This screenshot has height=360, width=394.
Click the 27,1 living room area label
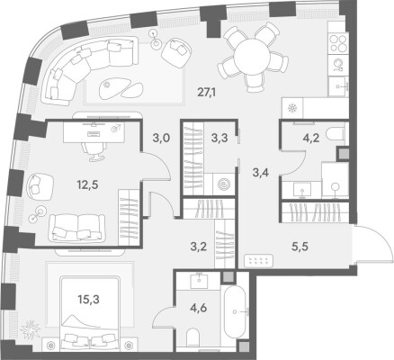click(207, 92)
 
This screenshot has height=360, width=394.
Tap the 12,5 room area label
click(87, 184)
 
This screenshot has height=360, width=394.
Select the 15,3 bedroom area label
click(88, 299)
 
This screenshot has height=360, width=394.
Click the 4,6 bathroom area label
click(200, 308)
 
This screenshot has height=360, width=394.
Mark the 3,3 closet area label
click(219, 138)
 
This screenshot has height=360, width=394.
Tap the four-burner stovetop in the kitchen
click(338, 43)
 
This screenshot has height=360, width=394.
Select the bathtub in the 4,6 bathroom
click(237, 312)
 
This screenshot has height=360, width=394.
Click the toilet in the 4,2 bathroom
click(336, 135)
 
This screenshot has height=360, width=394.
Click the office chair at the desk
click(94, 150)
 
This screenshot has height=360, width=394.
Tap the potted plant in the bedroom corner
click(30, 329)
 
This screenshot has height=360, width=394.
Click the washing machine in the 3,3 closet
click(223, 184)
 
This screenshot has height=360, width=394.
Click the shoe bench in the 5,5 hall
click(258, 260)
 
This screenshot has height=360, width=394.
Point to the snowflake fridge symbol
click(292, 108)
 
